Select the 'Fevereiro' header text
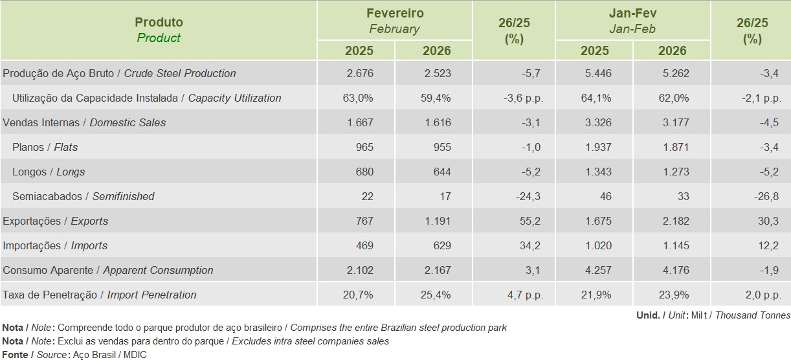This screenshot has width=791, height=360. tap(394, 14)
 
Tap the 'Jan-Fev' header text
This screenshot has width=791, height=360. tap(632, 14)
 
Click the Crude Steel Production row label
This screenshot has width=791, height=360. tap(120, 73)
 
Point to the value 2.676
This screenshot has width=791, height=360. tap(360, 73)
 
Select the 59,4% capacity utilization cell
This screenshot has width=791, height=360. tap(437, 98)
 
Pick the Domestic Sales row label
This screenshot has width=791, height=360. tap(85, 122)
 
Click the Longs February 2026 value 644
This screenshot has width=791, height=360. tap(441, 172)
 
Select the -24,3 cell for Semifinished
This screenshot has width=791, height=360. tap(526, 196)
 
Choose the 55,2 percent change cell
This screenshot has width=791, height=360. tap(529, 221)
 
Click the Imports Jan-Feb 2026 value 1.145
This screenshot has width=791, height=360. tap(675, 245)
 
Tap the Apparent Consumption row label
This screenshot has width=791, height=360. tap(108, 270)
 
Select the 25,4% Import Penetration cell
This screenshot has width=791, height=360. tap(437, 295)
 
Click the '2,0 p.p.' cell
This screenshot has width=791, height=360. tap(763, 295)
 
